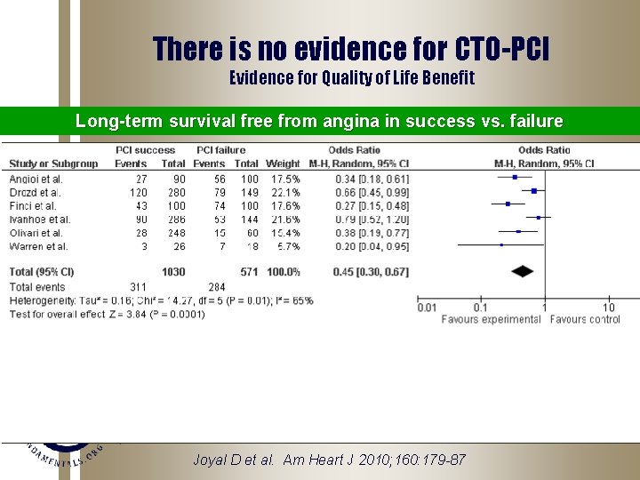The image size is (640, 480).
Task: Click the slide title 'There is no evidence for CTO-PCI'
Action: (351, 49)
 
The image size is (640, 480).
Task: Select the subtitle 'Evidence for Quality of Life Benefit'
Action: (351, 78)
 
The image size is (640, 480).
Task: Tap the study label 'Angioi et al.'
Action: (36, 179)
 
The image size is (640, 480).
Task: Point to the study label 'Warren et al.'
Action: (36, 246)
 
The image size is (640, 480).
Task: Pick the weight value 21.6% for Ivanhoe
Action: (284, 220)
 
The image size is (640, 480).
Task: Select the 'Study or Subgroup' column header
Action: (53, 164)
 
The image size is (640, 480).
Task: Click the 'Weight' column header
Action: (284, 164)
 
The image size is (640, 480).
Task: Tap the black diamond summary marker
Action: (524, 271)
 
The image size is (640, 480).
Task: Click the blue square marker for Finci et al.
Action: (508, 204)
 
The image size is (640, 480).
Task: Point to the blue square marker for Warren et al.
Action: (500, 244)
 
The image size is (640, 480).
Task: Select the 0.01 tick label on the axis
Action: (428, 308)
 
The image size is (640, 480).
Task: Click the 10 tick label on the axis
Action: (609, 308)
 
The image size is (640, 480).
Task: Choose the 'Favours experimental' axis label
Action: (491, 319)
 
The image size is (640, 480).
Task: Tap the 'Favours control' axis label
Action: (585, 319)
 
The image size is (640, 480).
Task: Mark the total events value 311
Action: (138, 287)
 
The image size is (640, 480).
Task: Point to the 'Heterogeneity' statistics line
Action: (160, 300)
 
